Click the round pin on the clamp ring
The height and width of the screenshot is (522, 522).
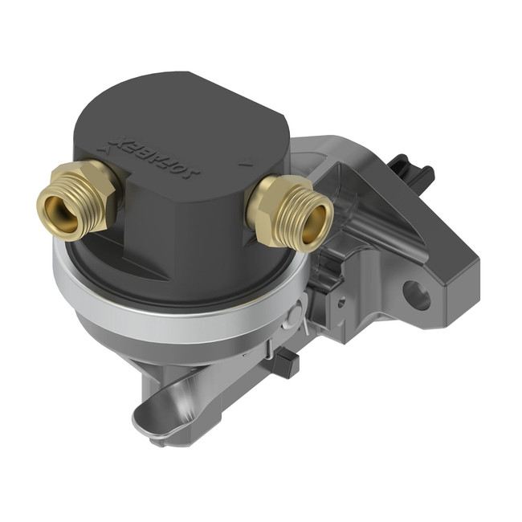(x=299, y=310)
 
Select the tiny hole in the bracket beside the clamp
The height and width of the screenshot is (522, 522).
(x=341, y=302)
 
